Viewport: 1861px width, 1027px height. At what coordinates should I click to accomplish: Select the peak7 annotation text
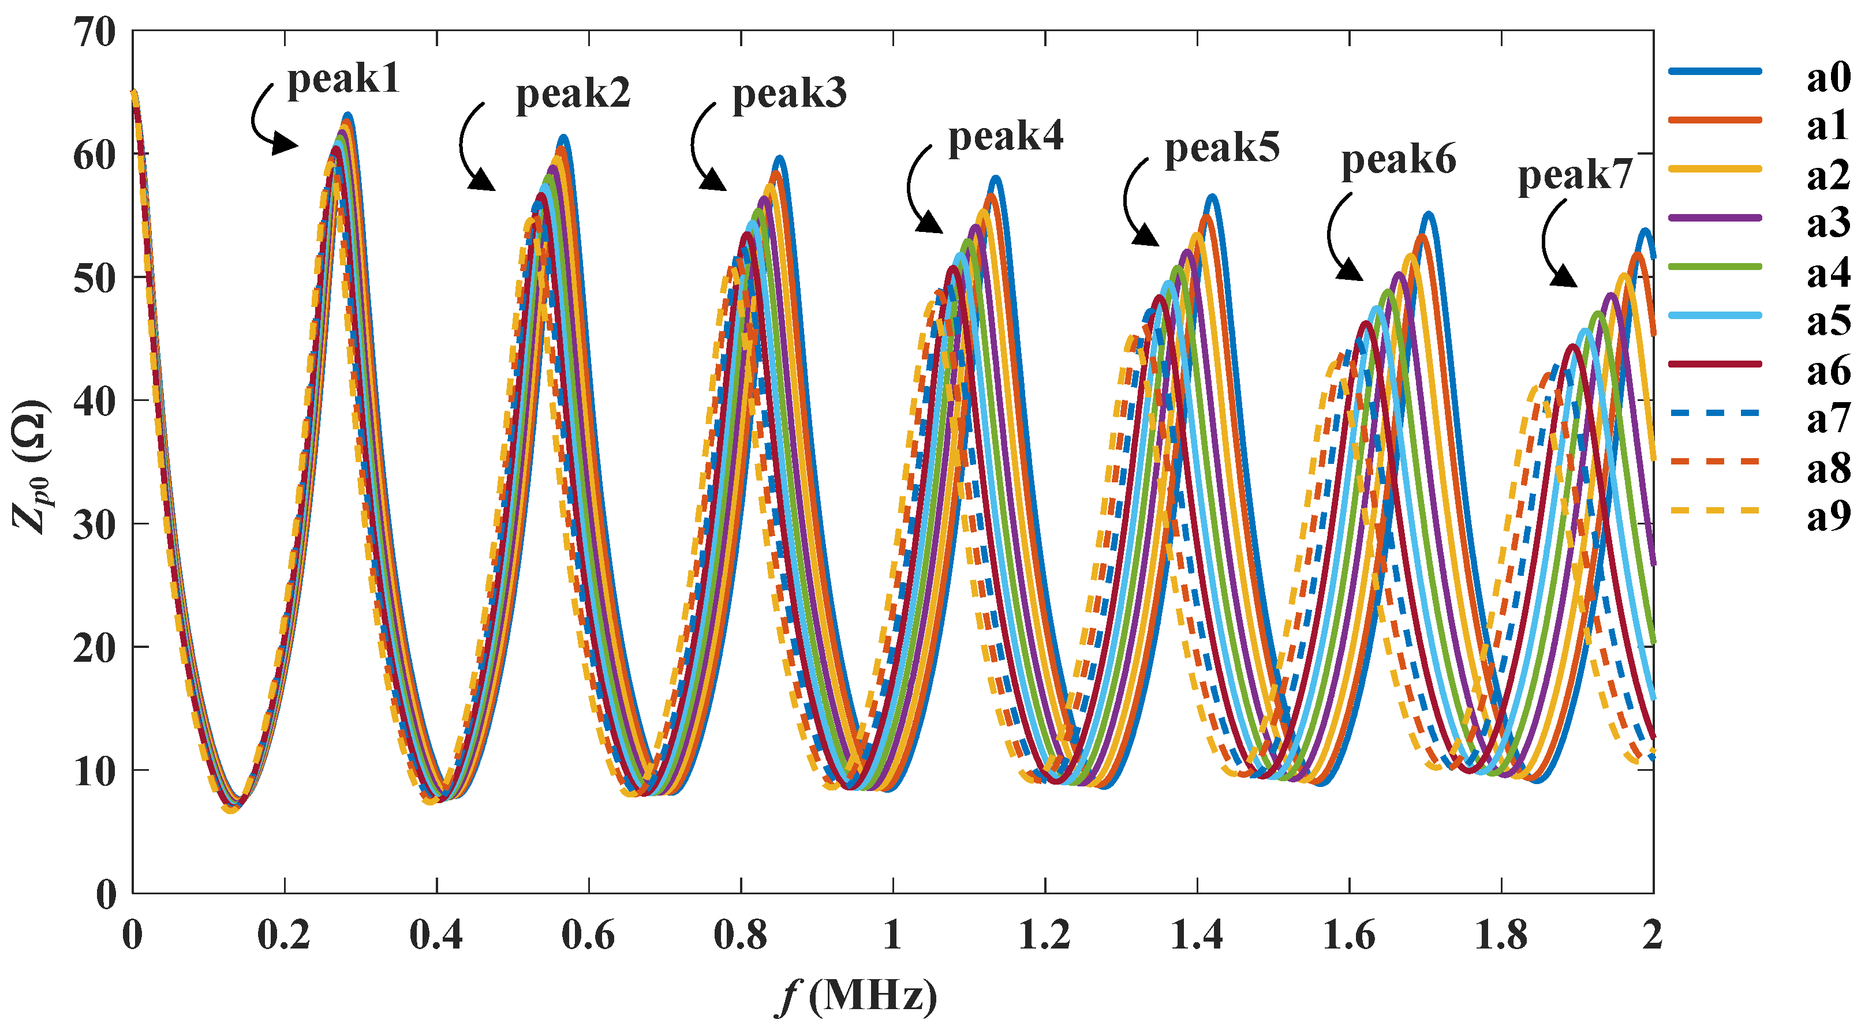click(x=1574, y=175)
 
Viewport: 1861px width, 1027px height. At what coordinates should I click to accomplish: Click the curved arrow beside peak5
click(x=1137, y=206)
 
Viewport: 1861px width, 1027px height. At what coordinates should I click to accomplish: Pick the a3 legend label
click(x=1828, y=221)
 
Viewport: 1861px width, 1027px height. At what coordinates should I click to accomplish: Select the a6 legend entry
click(x=1828, y=370)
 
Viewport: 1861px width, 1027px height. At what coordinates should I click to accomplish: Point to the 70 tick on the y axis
click(x=95, y=32)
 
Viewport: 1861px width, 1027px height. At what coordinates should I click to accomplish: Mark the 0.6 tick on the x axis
click(x=588, y=936)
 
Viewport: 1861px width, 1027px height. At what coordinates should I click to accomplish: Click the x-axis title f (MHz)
click(x=856, y=996)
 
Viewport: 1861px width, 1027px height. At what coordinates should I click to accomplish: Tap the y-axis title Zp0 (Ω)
click(x=31, y=466)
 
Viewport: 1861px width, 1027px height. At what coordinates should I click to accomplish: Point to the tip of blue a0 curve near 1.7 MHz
click(x=1427, y=215)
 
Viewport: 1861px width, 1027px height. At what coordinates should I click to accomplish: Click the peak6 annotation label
click(x=1398, y=160)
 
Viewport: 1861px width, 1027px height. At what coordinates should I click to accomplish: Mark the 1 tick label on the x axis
click(x=892, y=936)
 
